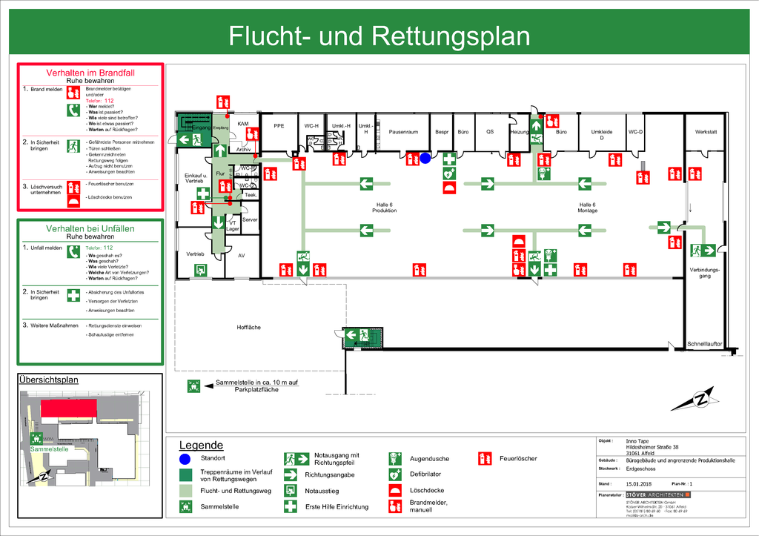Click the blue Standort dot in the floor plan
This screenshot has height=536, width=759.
click(x=425, y=157)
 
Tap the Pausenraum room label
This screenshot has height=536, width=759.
click(x=404, y=132)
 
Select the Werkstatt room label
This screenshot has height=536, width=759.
click(x=706, y=132)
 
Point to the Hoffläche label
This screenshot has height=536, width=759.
click(x=249, y=327)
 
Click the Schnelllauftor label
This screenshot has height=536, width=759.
click(x=703, y=344)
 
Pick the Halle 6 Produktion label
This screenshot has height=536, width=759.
click(x=384, y=208)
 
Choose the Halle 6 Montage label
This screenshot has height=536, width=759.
click(x=587, y=208)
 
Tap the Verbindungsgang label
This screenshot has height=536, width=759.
click(x=705, y=273)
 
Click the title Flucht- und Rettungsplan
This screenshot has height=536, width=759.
click(x=379, y=36)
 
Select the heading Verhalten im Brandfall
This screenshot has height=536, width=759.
click(x=90, y=73)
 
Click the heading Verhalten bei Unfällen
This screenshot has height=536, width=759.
click(x=90, y=228)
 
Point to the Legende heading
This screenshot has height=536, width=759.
click(x=201, y=446)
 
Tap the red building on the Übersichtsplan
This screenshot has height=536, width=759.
click(x=69, y=408)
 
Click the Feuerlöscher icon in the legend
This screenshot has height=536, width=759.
click(x=485, y=458)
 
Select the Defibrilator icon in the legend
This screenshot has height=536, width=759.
click(x=395, y=474)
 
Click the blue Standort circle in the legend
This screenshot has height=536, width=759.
click(x=185, y=459)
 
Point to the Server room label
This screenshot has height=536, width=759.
click(x=249, y=220)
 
